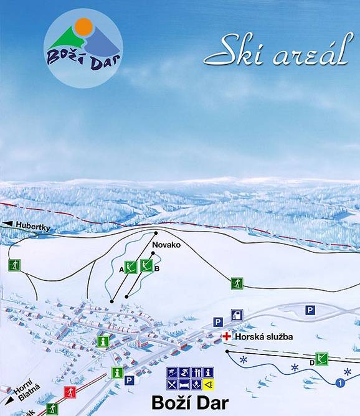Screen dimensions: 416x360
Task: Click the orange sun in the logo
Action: pyautogui.click(x=83, y=27)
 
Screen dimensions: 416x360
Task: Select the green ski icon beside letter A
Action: pyautogui.click(x=130, y=267)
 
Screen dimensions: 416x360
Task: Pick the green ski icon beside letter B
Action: pyautogui.click(x=146, y=266)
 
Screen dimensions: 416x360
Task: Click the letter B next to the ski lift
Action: pyautogui.click(x=157, y=268)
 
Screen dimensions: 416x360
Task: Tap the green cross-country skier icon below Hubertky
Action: pyautogui.click(x=14, y=265)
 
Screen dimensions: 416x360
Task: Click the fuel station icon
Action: pyautogui.click(x=237, y=315)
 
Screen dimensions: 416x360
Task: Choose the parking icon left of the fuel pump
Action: pyautogui.click(x=218, y=322)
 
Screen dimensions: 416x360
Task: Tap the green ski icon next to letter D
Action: pyautogui.click(x=321, y=358)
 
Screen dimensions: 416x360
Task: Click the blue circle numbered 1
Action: pyautogui.click(x=339, y=382)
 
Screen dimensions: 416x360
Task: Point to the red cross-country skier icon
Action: pyautogui.click(x=69, y=392)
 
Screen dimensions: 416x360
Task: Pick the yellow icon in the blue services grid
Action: pyautogui.click(x=209, y=383)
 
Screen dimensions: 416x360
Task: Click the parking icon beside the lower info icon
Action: pyautogui.click(x=130, y=379)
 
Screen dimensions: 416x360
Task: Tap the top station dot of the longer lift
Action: pyautogui.click(x=156, y=234)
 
